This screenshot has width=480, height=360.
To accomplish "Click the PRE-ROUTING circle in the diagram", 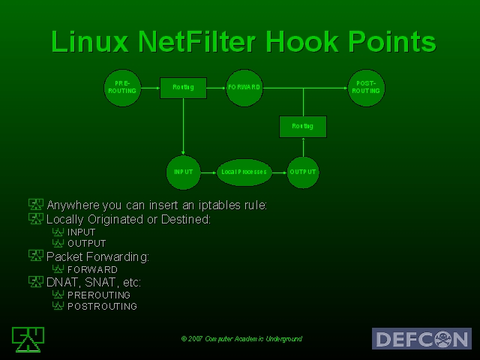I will [122, 87].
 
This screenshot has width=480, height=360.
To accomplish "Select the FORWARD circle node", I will [245, 88].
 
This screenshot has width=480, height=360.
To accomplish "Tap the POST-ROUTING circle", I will [365, 87].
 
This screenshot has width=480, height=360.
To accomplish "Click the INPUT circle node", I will [183, 172].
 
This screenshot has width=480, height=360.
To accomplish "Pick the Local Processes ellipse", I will [243, 172].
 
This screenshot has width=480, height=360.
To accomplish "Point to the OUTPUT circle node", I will [303, 172].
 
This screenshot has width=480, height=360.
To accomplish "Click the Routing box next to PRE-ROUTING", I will [183, 88].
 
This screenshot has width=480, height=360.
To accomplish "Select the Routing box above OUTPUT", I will [302, 126].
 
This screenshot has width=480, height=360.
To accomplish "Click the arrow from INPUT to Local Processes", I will [208, 172].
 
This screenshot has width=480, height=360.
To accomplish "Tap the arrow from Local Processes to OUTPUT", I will [278, 172].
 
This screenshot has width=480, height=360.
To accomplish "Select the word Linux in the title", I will [89, 41].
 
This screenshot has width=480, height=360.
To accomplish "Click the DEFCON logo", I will [421, 338].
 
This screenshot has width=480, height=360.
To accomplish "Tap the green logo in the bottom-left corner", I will [25, 339].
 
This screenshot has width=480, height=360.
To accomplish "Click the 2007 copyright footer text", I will [241, 339].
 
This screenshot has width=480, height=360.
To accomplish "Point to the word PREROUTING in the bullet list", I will [99, 295].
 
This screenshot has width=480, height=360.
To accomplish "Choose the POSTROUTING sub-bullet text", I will [102, 307].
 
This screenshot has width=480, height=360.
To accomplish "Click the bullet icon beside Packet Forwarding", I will [35, 256].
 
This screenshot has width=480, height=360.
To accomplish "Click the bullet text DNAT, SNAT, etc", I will [94, 282].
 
